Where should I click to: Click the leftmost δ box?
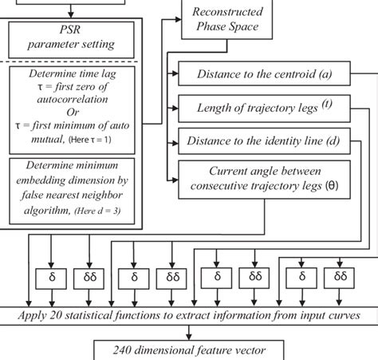(x=50, y=277)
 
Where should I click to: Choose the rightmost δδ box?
(x=341, y=277)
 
